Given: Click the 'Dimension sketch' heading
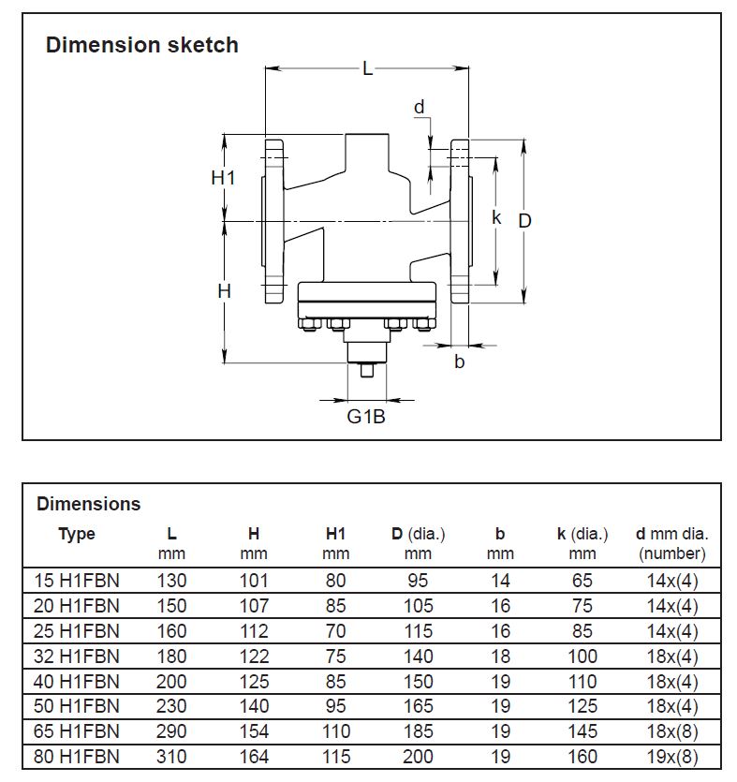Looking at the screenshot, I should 142,45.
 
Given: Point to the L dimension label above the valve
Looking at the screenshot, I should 367,68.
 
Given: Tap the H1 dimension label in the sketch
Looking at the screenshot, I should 223,177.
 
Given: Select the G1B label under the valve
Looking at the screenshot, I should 365,416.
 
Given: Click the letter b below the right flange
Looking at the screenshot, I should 459,361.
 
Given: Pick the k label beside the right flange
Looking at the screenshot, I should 497,217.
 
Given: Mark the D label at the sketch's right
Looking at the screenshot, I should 525,220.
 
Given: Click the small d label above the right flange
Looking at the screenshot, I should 420,107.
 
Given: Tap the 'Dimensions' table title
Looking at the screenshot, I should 88,504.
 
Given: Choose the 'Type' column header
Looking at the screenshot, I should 77,535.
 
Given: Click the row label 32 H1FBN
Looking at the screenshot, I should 76,657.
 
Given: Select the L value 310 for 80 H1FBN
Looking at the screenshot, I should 171,757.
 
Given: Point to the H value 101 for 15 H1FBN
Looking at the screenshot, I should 254,581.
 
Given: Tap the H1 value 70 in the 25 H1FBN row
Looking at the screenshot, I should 335,631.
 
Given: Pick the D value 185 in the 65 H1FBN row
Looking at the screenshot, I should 419,731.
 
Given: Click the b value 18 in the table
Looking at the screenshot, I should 500,657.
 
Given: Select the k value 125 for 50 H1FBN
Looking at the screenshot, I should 582,706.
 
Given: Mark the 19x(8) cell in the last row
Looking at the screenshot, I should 671,757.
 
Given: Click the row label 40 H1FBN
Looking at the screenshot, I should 76,682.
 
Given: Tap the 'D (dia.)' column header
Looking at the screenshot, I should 419,535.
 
